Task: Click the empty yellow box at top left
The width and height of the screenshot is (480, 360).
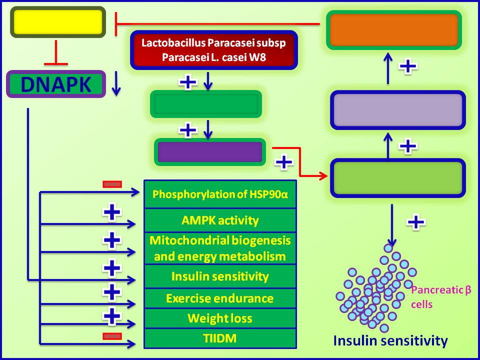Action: tap(58, 22)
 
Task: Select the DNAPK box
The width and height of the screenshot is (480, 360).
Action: tap(56, 84)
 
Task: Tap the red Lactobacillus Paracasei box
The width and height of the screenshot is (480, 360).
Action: tap(213, 49)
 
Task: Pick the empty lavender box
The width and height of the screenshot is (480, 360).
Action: tap(397, 110)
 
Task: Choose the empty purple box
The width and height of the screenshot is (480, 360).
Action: tap(210, 152)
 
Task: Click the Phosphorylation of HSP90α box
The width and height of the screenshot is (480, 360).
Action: tap(220, 194)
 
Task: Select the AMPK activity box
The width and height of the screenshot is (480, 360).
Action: tap(220, 220)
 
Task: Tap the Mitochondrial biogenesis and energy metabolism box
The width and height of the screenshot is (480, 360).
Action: tap(220, 248)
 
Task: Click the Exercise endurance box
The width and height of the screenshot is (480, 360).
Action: tap(220, 298)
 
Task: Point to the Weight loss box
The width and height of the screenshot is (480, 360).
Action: tap(220, 318)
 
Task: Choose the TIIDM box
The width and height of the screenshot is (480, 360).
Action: tap(220, 338)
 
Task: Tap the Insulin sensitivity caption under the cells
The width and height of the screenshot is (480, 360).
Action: tap(390, 341)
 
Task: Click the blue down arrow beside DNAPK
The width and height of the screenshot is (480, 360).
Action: tap(116, 84)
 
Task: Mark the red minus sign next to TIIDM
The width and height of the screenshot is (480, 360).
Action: tap(112, 336)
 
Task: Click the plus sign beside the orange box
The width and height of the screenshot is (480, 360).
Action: tap(408, 66)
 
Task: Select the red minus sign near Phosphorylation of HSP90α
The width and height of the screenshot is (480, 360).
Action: tap(112, 184)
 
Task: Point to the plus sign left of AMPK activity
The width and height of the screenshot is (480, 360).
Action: tap(112, 213)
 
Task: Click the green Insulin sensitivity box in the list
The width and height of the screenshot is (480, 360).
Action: tap(220, 276)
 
